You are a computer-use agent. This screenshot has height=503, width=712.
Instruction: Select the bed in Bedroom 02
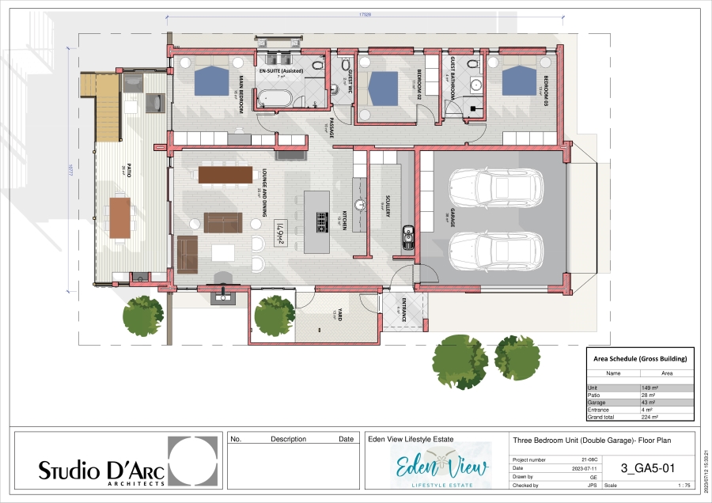tap(383, 88)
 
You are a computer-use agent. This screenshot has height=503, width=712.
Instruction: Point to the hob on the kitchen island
tap(322, 224)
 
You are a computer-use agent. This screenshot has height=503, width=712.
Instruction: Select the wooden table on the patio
tap(120, 217)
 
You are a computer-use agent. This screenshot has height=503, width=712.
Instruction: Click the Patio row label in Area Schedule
tap(594, 395)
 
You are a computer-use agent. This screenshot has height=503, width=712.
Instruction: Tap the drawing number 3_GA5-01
tap(648, 467)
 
